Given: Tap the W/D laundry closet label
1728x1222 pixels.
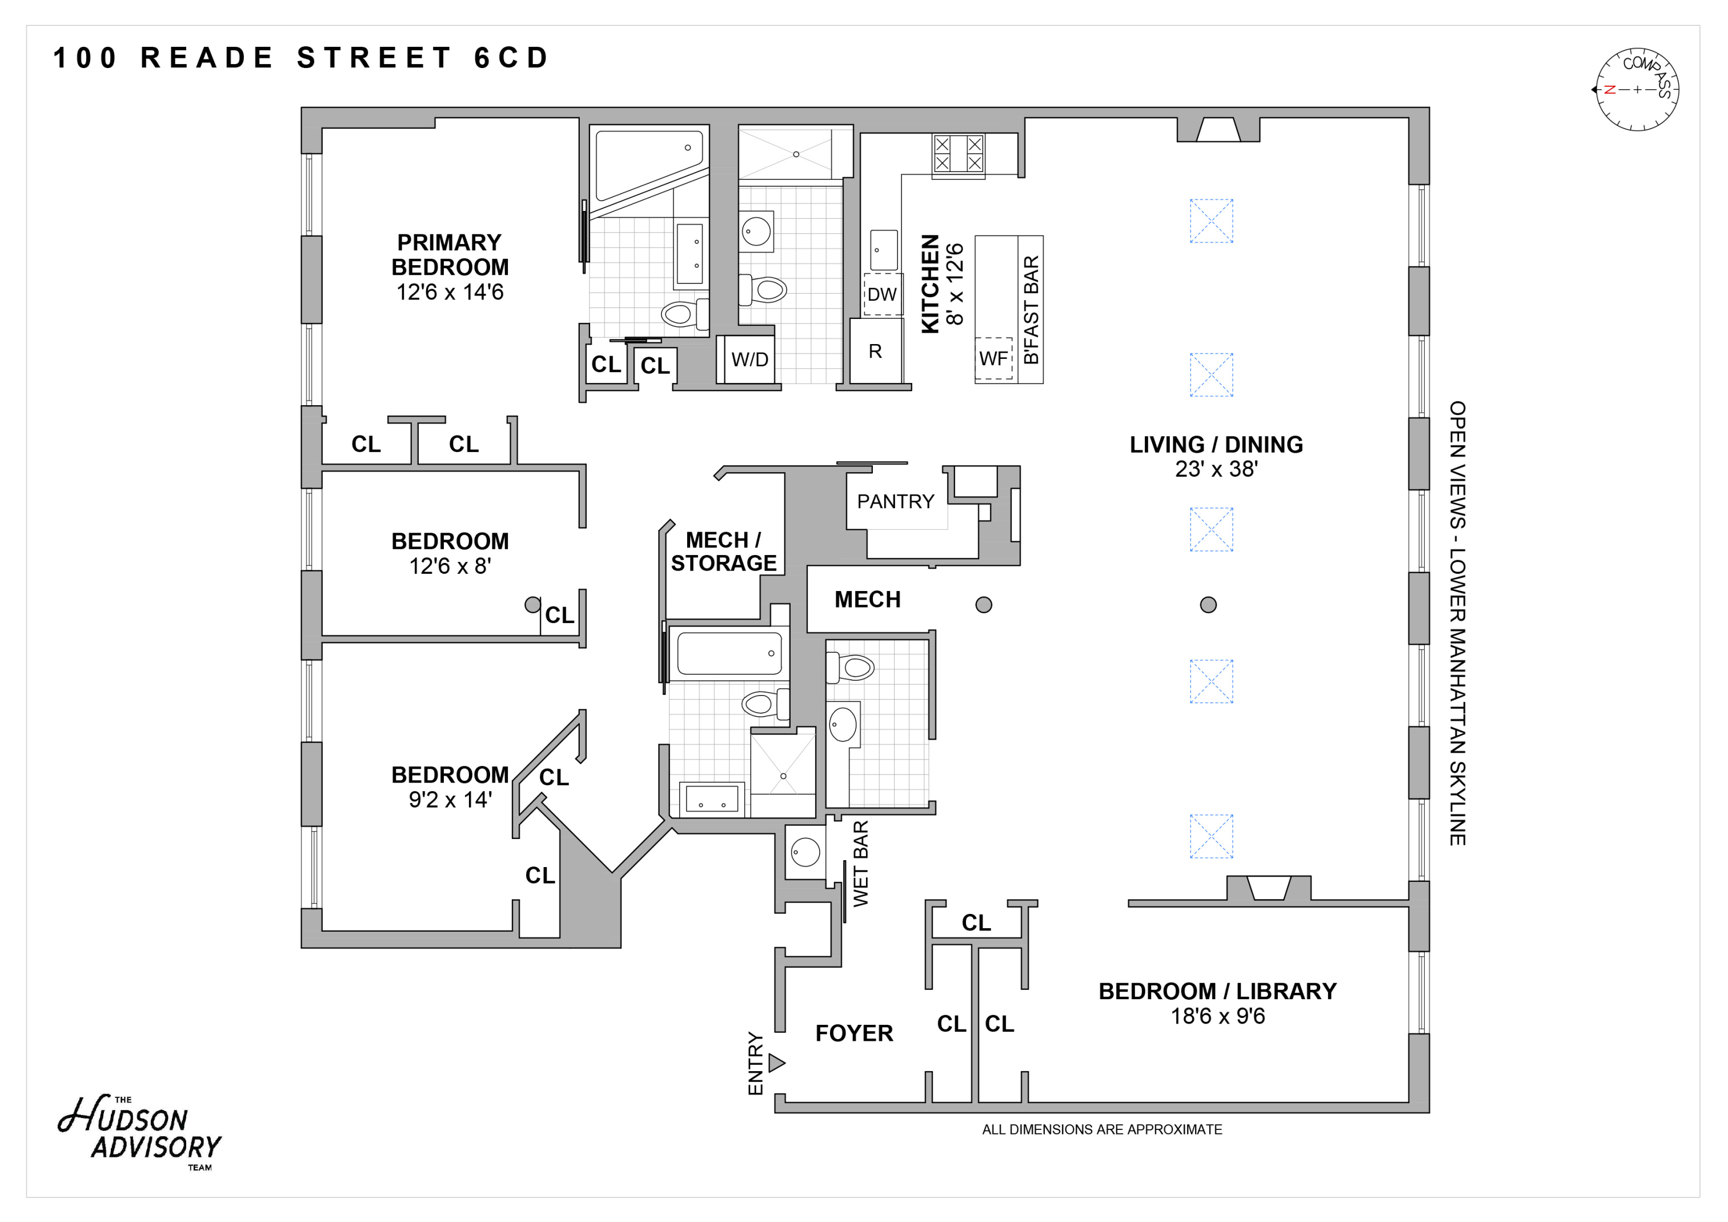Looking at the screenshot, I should point(749,360).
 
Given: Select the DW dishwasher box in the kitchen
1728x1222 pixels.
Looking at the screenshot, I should point(882,294).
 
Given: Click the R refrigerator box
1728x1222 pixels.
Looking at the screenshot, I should point(875,352).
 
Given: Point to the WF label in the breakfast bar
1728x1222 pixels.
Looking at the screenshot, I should point(993,359).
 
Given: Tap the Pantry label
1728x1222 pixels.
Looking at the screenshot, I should point(895,501).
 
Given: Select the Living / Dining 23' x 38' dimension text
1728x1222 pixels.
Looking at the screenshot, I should point(1216,469).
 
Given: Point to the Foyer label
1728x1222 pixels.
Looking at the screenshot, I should point(854,1033).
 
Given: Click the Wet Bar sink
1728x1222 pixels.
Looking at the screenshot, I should point(805,852).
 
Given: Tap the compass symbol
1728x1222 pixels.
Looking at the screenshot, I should point(1637,90).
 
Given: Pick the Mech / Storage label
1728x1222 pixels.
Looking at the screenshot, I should point(723,551).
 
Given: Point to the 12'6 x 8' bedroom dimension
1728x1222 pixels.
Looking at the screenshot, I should point(450,566).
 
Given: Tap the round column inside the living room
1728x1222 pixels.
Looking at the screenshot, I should point(1208,605).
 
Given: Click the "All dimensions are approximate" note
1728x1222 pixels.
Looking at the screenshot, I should point(1102,1129).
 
